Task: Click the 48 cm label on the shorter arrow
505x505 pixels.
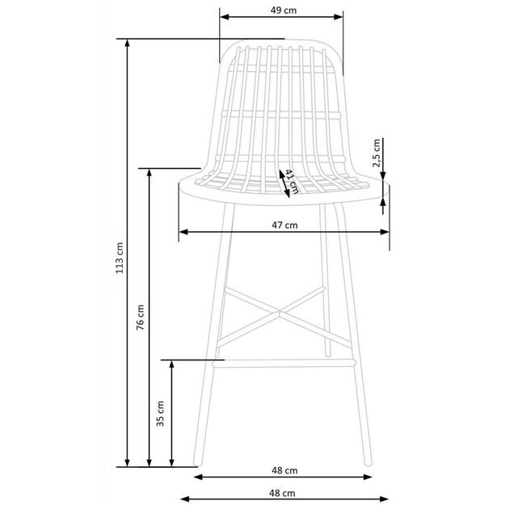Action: (282, 469)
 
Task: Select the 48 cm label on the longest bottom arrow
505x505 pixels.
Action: (282, 491)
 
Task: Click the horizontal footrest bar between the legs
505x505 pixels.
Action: (283, 363)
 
